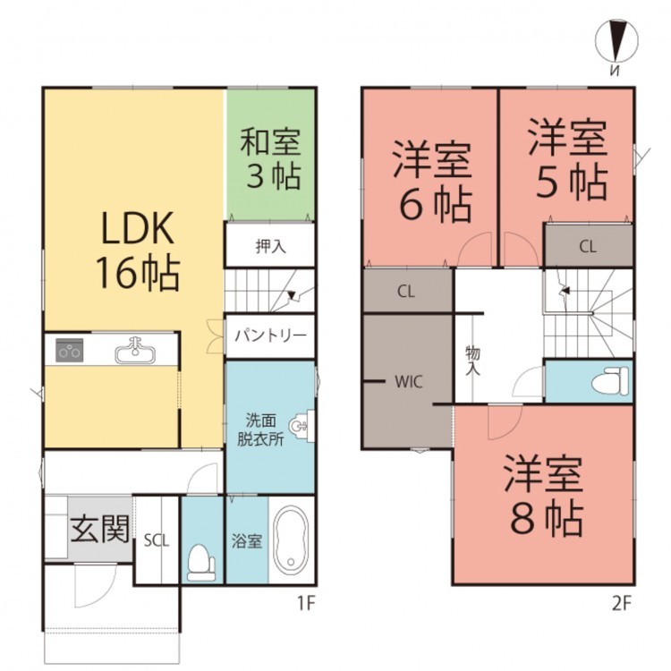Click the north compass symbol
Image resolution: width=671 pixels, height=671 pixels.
616,42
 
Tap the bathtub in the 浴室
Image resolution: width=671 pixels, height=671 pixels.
291,541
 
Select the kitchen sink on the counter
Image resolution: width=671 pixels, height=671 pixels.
135,351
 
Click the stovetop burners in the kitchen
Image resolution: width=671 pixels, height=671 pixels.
69,351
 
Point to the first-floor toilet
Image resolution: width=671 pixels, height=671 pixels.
201,563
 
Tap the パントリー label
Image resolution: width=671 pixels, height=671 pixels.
270,335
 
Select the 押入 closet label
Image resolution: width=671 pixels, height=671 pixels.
270,247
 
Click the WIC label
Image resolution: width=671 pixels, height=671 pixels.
409,381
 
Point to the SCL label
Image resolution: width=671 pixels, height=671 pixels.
157,541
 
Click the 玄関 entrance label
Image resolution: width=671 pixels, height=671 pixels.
100,529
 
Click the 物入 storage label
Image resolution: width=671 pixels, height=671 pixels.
473,361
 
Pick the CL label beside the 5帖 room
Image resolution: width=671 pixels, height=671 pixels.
588,247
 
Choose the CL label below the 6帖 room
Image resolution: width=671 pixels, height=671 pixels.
405,292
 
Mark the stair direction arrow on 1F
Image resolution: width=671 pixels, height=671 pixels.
292,295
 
